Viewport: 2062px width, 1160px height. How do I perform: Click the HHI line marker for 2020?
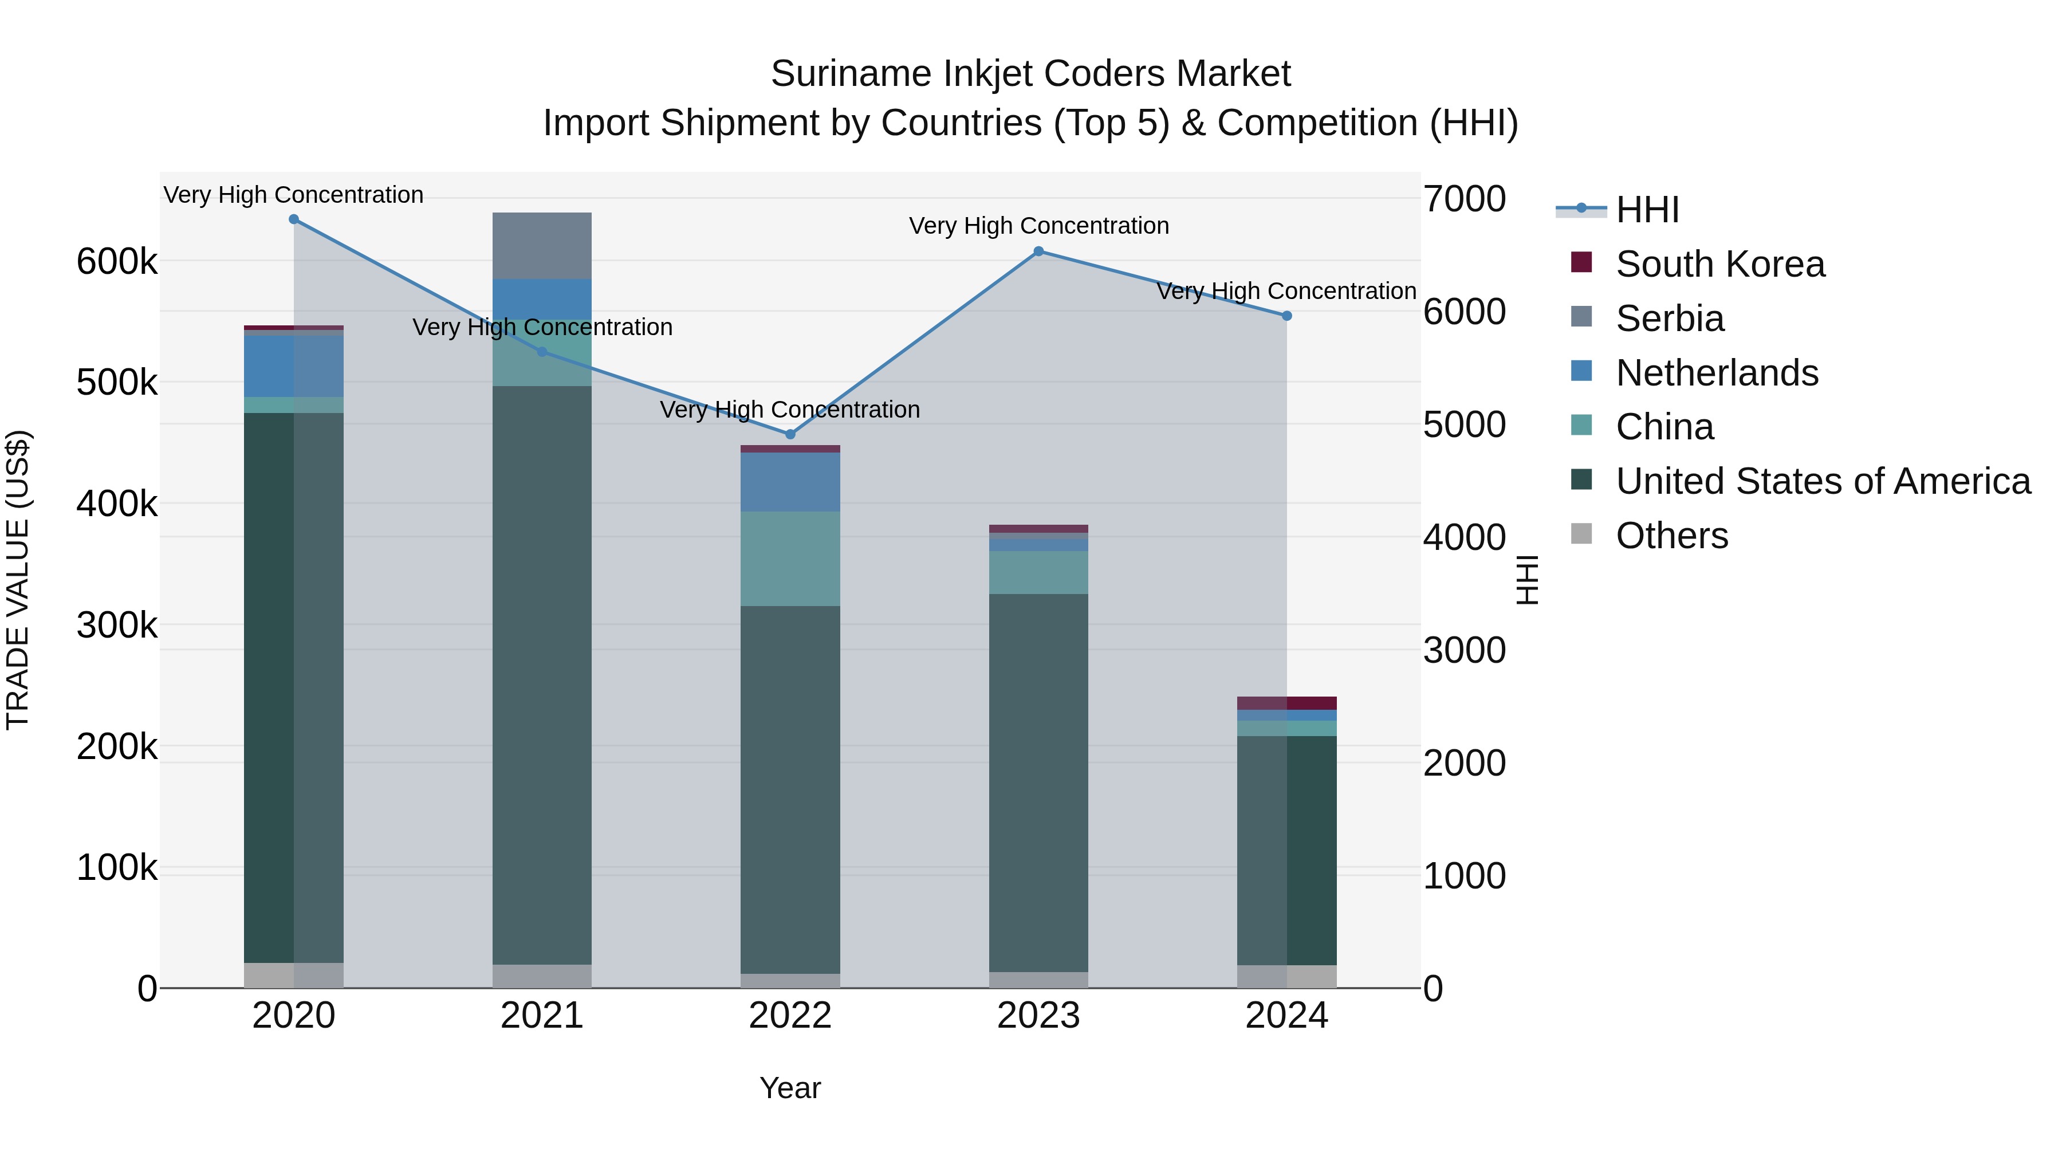(294, 219)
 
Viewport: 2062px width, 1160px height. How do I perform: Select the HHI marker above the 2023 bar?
(1038, 251)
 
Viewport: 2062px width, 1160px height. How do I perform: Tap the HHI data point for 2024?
(1286, 316)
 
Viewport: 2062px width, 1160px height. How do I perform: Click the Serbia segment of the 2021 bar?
(542, 246)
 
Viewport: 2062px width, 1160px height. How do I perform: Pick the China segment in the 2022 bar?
(790, 559)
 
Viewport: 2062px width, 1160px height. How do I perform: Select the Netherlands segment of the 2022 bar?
(790, 482)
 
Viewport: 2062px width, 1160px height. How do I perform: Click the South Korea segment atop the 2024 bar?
(1286, 703)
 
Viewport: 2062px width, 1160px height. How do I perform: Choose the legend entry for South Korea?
(1719, 264)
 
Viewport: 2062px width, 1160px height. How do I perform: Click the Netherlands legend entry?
(1716, 373)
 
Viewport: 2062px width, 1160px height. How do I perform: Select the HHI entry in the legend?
(1647, 210)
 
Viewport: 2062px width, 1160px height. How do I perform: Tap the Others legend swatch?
(1581, 534)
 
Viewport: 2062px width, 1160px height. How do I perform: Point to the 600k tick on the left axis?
(117, 262)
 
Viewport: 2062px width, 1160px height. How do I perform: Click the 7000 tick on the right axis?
(1464, 199)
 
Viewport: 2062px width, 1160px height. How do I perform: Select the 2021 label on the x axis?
(542, 1016)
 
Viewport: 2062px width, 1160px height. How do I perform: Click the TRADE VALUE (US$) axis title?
(18, 580)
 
